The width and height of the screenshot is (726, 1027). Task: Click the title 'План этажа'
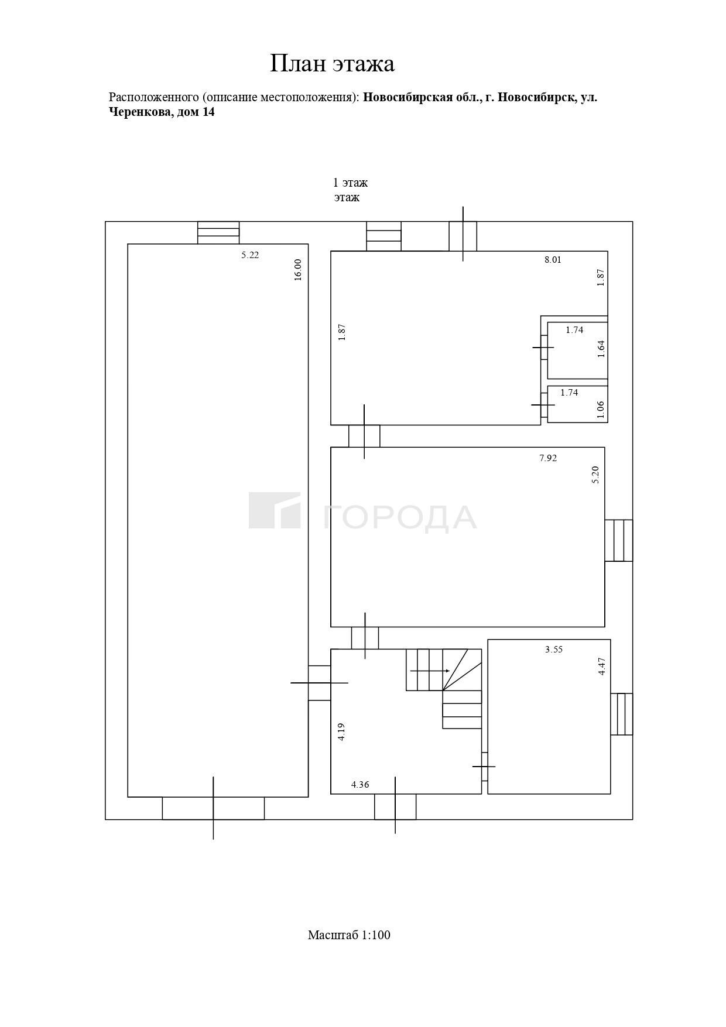coord(332,63)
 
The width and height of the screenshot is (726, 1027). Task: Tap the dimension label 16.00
coord(297,270)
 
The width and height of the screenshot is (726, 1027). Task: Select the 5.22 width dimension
coord(250,255)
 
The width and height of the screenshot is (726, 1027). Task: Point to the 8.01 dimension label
coord(553,260)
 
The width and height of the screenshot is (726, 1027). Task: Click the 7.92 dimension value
coord(548,458)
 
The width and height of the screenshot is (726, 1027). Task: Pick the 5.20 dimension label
coord(595,475)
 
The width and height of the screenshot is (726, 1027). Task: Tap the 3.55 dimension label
coord(554,650)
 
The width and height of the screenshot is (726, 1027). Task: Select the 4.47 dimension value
coord(602,667)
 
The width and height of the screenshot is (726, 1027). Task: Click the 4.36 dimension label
coord(360,785)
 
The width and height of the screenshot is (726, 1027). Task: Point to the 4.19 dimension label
coord(341,732)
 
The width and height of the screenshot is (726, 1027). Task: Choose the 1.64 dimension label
coord(601,349)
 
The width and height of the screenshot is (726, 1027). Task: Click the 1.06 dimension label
coord(600,410)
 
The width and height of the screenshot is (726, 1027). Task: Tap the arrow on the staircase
coord(430,671)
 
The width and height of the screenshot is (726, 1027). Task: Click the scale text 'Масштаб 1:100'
coord(349,935)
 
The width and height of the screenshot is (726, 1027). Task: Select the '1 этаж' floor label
coord(350,183)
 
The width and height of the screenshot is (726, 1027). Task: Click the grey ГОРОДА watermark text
coord(400,517)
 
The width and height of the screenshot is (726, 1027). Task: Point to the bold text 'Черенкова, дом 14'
coord(162,112)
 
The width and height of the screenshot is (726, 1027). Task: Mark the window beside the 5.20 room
coord(619,541)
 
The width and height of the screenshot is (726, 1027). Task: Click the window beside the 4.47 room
coord(622,714)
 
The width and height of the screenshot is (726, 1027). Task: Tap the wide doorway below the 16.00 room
coord(213,808)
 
